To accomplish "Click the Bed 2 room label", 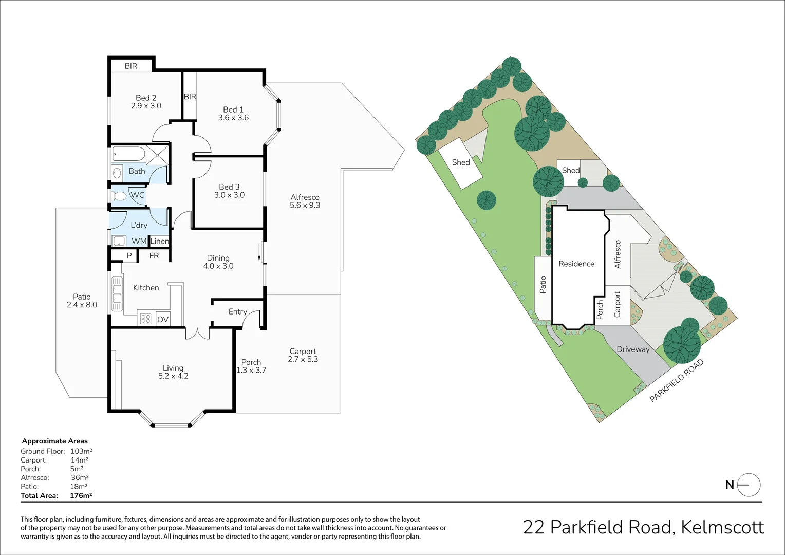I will point(146,98).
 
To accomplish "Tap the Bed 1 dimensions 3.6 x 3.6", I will point(233,118).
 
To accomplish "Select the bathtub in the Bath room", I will point(128,154).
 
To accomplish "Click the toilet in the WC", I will point(120,195).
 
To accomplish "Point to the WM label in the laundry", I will point(139,241).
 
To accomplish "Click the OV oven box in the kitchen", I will point(163,319).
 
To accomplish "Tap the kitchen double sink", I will point(117,294).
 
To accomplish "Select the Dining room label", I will point(218,258).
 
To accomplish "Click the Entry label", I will point(237,311).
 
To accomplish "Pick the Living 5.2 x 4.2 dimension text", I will point(173,376).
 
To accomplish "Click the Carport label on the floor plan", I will point(303,351).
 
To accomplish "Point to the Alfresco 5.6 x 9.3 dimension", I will point(305,206).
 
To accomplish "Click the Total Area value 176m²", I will point(81,496).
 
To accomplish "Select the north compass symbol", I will point(748,485).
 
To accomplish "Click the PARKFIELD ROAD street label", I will point(676,381).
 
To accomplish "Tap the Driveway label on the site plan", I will point(633,349).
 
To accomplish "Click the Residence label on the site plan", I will point(576,264).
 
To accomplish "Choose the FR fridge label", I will point(154,255).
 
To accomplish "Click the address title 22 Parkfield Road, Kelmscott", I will point(643,527).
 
